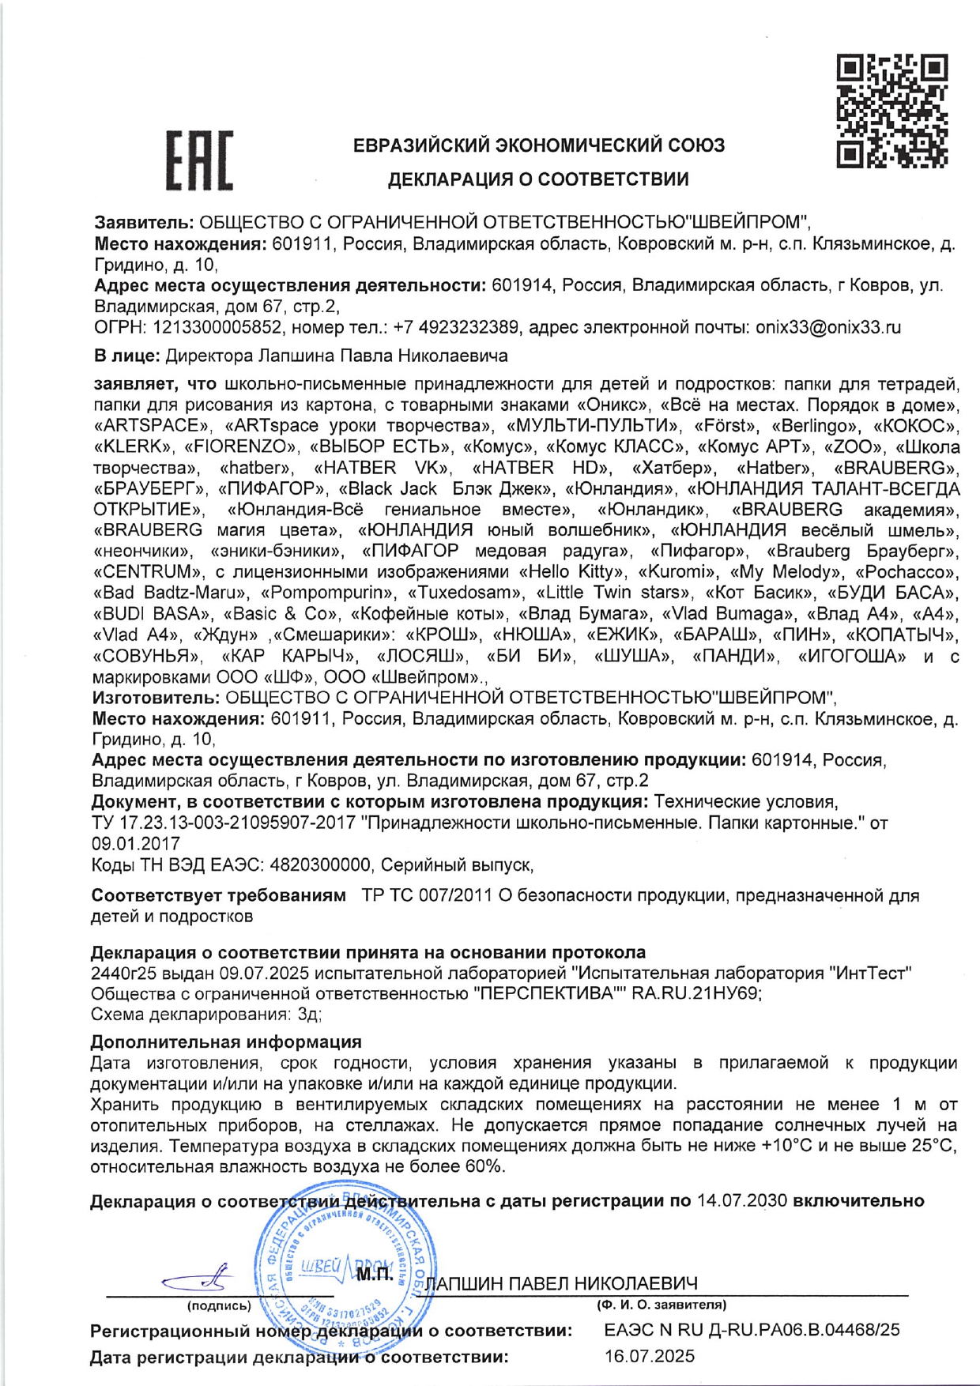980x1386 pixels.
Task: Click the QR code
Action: [x=892, y=111]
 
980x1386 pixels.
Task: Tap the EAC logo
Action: [x=199, y=160]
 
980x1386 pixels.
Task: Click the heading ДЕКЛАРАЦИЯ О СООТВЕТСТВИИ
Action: [x=537, y=179]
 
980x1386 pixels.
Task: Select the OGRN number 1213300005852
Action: [x=217, y=327]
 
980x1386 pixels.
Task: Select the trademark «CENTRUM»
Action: [x=143, y=571]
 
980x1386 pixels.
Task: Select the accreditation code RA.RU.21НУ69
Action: [x=696, y=993]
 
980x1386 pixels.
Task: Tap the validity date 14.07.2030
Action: [x=741, y=1201]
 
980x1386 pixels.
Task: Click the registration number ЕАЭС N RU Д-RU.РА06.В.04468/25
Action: [x=752, y=1330]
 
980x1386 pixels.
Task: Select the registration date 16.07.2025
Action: [x=650, y=1357]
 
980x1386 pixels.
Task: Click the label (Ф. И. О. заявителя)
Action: [x=661, y=1305]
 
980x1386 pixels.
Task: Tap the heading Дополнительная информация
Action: [x=226, y=1042]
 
